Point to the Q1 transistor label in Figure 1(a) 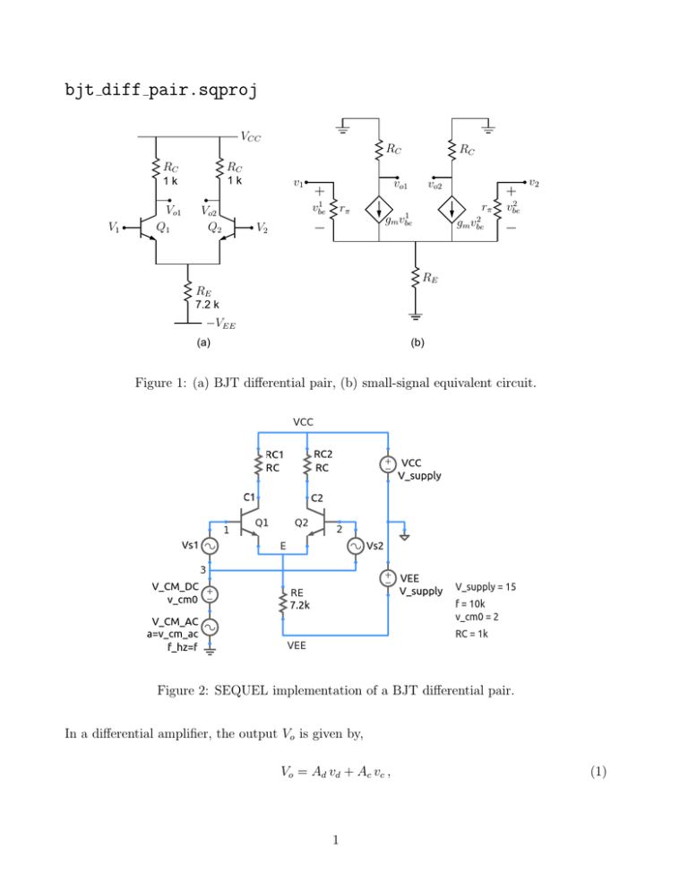(x=164, y=228)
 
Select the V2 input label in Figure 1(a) (x=262, y=228)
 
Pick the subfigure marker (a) (x=203, y=342)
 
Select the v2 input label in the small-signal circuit (x=534, y=183)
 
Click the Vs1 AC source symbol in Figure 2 (x=209, y=545)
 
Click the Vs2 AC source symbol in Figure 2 (x=355, y=545)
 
